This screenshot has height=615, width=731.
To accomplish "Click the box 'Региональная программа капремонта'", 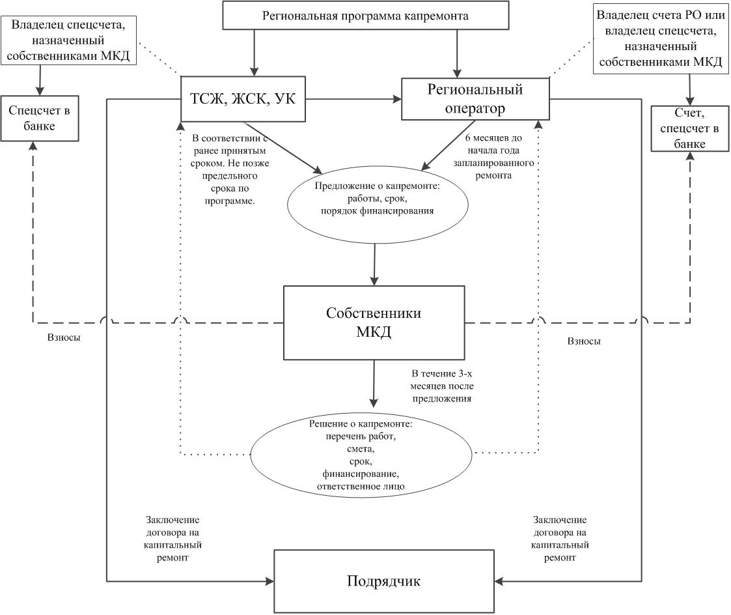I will pyautogui.click(x=365, y=16).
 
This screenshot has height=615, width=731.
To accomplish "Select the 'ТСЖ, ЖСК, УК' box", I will pyautogui.click(x=242, y=100).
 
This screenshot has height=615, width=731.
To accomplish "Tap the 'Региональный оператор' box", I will pyautogui.click(x=475, y=99).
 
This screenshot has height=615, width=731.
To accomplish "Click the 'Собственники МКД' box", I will pyautogui.click(x=374, y=322).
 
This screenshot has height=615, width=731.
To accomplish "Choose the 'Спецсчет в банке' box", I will pyautogui.click(x=40, y=118).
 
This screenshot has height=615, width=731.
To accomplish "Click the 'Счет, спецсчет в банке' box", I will pyautogui.click(x=690, y=128).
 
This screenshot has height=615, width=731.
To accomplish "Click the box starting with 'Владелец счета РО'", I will pyautogui.click(x=660, y=38).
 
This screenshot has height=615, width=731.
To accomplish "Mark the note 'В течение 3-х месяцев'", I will pyautogui.click(x=441, y=385).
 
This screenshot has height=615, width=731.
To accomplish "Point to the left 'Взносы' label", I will pyautogui.click(x=64, y=338).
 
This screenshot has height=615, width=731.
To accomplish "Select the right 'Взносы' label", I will pyautogui.click(x=584, y=341).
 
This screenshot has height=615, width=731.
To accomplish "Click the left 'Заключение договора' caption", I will pyautogui.click(x=172, y=539).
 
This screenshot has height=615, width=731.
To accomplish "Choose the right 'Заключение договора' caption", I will pyautogui.click(x=560, y=539).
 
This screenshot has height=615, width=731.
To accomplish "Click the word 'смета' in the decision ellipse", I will pyautogui.click(x=362, y=449).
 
